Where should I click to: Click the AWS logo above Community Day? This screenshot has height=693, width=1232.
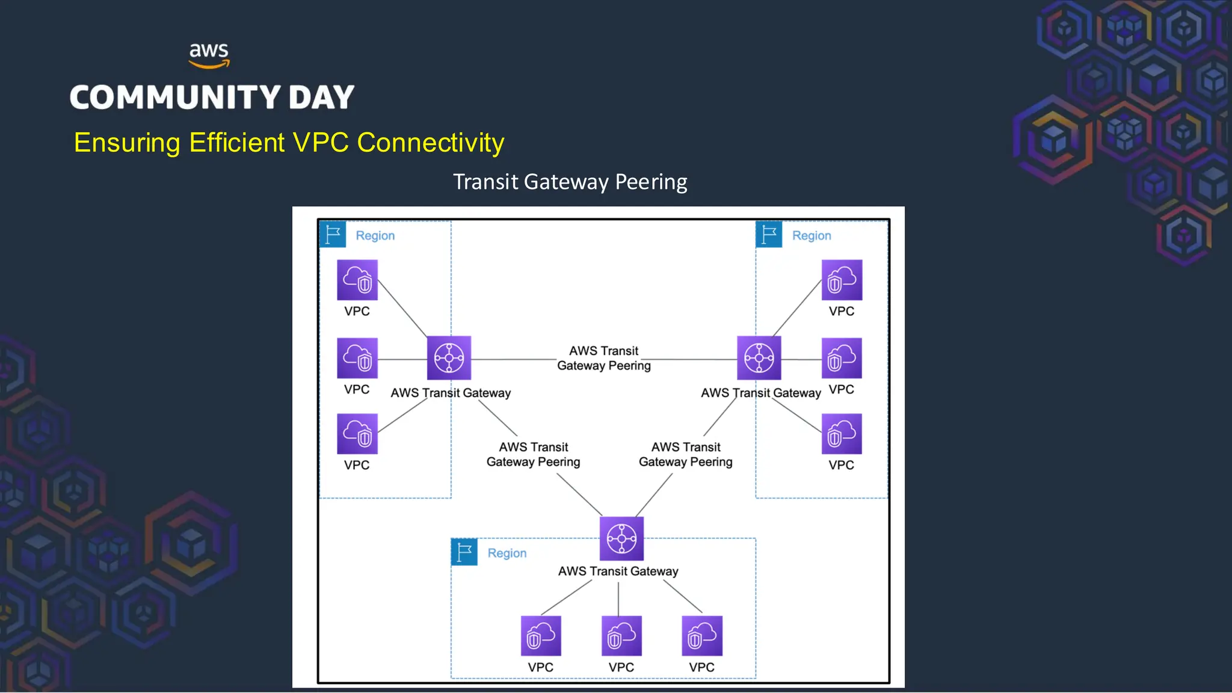point(209,55)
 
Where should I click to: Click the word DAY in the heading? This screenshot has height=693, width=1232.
point(321,97)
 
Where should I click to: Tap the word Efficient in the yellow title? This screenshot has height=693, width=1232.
point(236,143)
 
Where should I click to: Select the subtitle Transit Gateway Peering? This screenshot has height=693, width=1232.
point(570,182)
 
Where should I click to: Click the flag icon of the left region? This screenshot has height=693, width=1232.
point(333,235)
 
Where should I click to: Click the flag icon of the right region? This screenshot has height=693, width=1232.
point(769,235)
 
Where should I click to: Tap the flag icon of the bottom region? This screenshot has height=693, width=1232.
point(464,552)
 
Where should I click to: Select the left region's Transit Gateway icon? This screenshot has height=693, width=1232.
point(449,358)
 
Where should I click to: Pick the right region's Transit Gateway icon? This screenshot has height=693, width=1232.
point(759,358)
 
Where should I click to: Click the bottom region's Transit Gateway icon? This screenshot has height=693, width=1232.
point(621,538)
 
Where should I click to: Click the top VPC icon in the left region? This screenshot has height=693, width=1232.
point(357,280)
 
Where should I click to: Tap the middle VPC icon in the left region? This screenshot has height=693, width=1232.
point(357,359)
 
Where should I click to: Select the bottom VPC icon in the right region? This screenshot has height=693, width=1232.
point(842,434)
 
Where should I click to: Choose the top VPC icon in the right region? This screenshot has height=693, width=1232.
point(842,280)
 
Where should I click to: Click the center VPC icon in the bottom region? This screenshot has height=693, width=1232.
point(621,636)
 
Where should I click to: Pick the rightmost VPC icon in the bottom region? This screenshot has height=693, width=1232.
point(702,636)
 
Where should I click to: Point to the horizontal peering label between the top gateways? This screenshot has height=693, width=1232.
point(603,358)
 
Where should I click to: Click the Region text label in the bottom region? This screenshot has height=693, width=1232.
point(507,553)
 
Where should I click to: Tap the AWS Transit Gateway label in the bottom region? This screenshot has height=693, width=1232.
point(618,571)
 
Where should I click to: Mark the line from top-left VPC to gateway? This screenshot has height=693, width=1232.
point(402,309)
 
